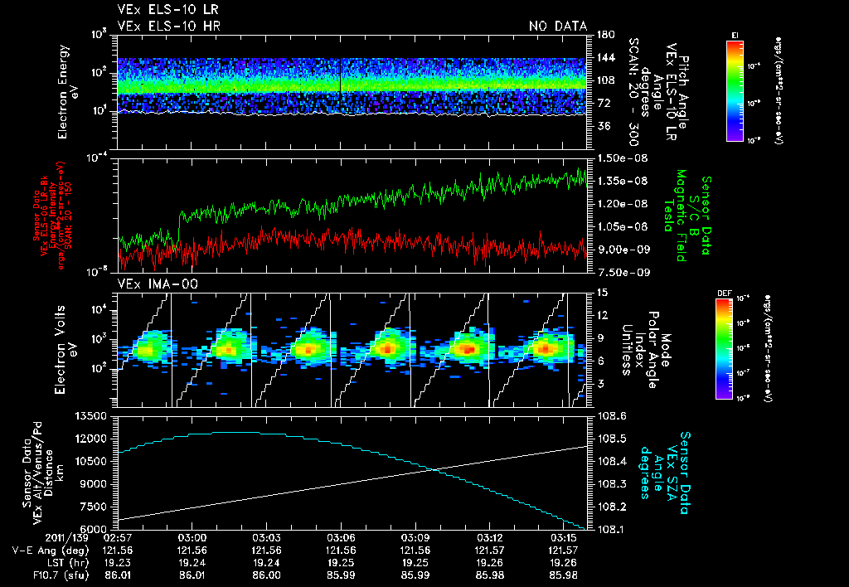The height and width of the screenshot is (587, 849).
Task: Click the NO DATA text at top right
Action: [x=558, y=26]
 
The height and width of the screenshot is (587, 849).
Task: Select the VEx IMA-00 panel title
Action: [x=150, y=284]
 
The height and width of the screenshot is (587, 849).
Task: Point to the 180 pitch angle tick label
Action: [x=603, y=34]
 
